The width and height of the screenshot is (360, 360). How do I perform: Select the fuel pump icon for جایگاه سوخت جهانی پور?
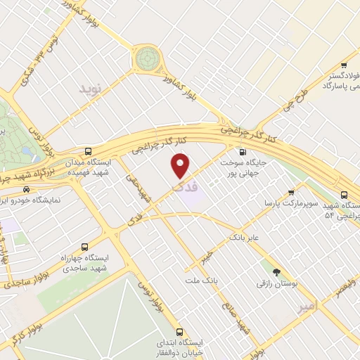point(243,152)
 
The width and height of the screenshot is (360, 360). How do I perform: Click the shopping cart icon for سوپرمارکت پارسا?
point(291,192)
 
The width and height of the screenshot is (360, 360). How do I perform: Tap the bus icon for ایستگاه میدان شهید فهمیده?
point(88,152)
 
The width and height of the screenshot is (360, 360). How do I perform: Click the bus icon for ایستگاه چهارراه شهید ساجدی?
point(84,247)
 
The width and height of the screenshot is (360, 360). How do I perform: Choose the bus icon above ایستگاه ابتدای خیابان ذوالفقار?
point(180,331)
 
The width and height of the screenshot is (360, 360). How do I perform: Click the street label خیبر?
point(205,257)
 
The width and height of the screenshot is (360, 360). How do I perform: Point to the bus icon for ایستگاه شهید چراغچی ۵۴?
point(344,195)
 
